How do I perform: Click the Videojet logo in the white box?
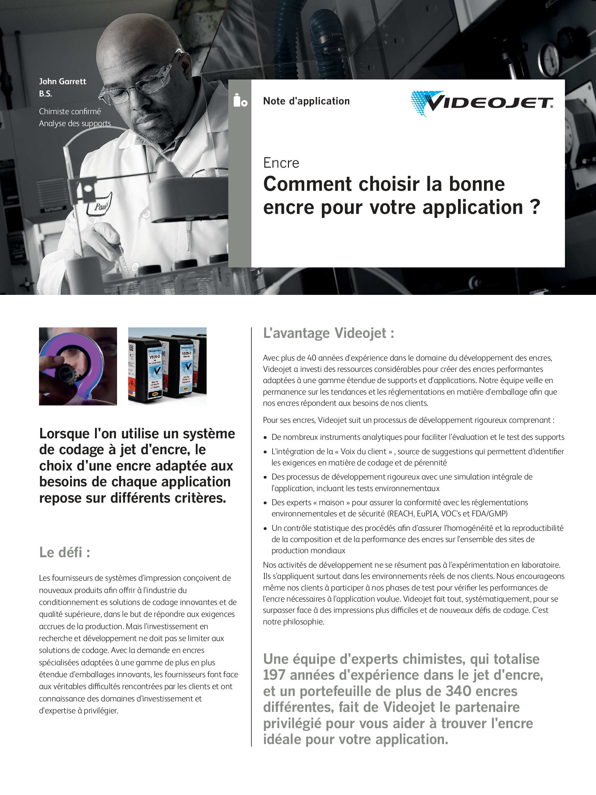pyautogui.click(x=482, y=103)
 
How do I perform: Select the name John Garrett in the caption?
pyautogui.click(x=62, y=81)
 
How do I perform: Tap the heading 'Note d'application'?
pyautogui.click(x=306, y=101)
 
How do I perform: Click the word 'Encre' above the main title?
pyautogui.click(x=281, y=163)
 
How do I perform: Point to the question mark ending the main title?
pyautogui.click(x=536, y=207)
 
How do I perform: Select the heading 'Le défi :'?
pyautogui.click(x=65, y=553)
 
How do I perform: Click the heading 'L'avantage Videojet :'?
pyautogui.click(x=328, y=333)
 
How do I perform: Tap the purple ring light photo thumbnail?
pyautogui.click(x=78, y=366)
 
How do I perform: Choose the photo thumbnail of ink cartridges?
pyautogui.click(x=167, y=366)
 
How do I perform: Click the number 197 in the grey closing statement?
pyautogui.click(x=274, y=675)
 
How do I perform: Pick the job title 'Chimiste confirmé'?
pyautogui.click(x=70, y=111)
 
